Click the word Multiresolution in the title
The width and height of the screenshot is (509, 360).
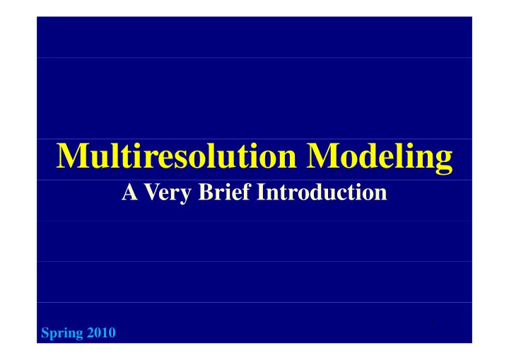click(x=176, y=156)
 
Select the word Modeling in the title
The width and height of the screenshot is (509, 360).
click(x=380, y=158)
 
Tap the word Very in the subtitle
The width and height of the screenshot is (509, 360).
click(x=168, y=192)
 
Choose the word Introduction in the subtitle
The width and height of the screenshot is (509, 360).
click(x=322, y=192)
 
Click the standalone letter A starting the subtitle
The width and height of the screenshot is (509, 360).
click(x=129, y=192)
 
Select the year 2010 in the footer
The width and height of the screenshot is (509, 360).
click(x=101, y=332)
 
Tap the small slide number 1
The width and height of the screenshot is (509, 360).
click(x=433, y=322)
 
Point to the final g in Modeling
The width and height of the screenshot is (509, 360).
click(x=444, y=163)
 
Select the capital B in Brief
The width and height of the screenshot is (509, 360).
click(x=206, y=192)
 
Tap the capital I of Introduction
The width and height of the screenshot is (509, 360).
click(x=261, y=192)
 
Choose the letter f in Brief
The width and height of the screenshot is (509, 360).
click(x=247, y=192)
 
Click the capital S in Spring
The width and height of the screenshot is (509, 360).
click(x=45, y=332)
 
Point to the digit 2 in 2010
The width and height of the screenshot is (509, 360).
click(x=90, y=332)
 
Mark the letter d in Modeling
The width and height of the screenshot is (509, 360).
click(x=366, y=156)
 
